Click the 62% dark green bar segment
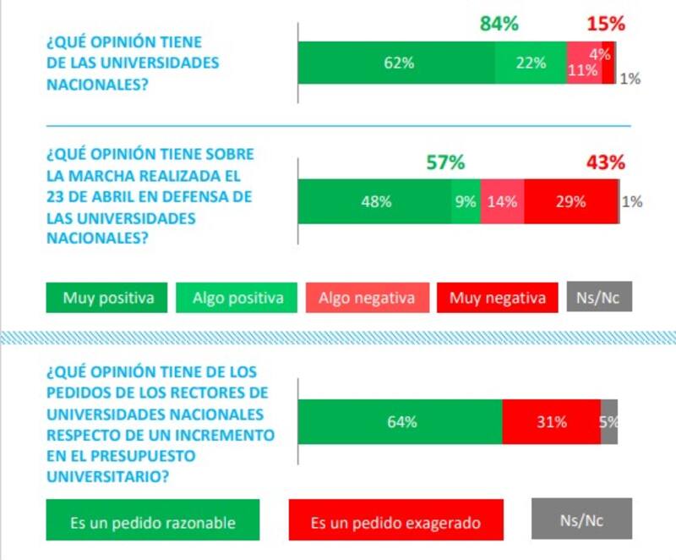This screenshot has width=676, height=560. (397, 63)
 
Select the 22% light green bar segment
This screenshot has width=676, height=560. (531, 63)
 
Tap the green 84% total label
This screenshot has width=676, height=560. (499, 24)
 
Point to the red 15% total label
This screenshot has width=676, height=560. (605, 24)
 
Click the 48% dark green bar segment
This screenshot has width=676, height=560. (374, 201)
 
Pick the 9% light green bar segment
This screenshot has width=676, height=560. (466, 201)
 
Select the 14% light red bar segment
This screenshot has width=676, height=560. (502, 201)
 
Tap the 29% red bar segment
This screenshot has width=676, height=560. (570, 201)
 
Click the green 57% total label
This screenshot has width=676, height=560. (444, 162)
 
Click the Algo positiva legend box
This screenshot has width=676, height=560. (237, 298)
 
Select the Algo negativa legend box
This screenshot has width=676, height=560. (368, 298)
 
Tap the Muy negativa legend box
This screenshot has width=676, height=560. (498, 298)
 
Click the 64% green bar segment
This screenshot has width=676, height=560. (401, 421)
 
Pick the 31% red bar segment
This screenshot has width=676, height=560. (551, 421)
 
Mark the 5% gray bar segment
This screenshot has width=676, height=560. (609, 421)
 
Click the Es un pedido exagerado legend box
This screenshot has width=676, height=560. (395, 523)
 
